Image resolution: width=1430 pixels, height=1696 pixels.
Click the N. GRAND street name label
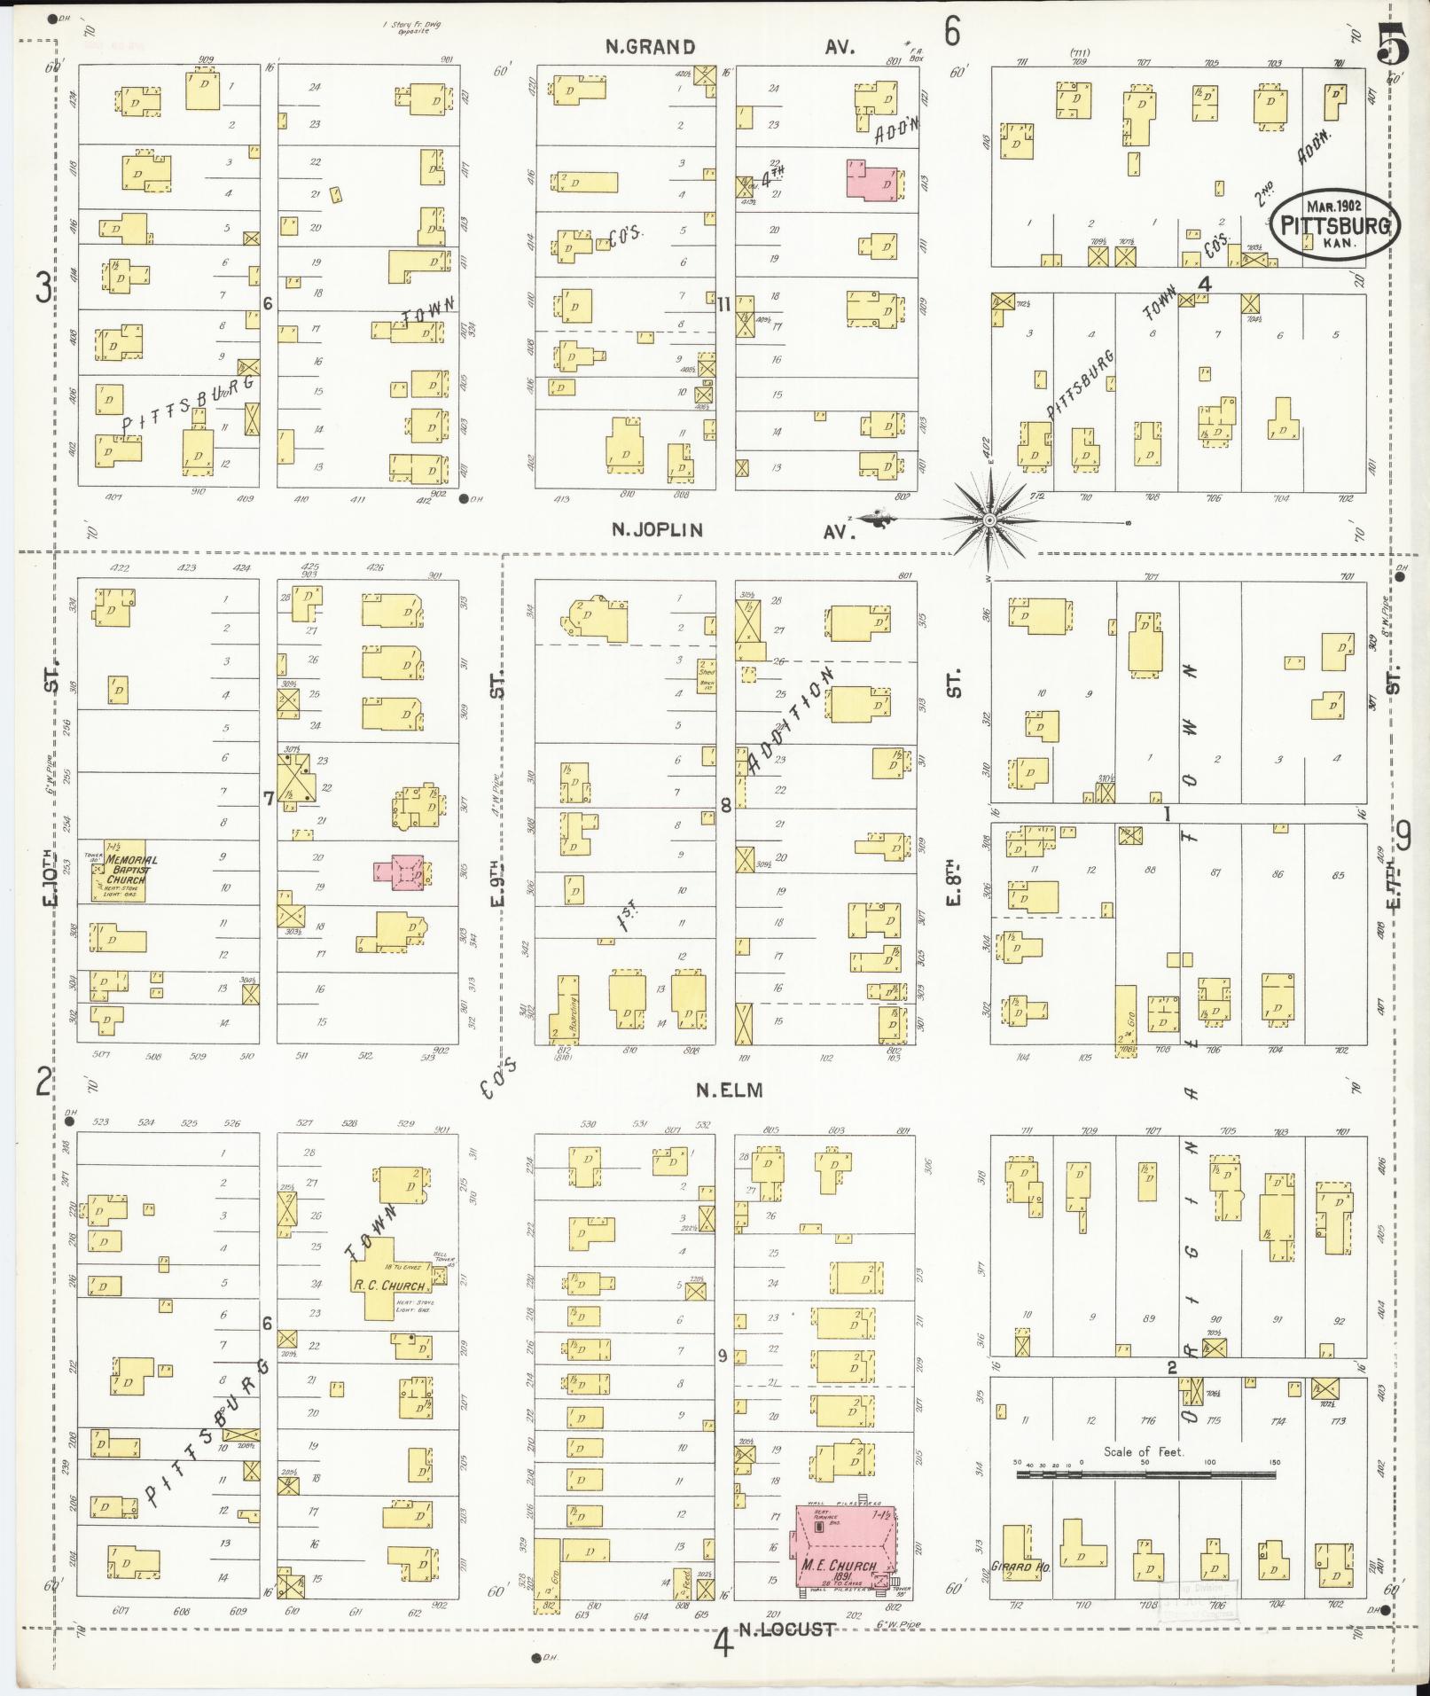point(650,48)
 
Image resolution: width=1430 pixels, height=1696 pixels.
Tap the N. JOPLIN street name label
point(657,530)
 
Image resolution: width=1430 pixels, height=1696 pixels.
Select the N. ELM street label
point(729,1090)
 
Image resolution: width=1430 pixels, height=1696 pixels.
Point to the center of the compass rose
point(989,520)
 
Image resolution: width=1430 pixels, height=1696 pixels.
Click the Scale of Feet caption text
point(1144,1451)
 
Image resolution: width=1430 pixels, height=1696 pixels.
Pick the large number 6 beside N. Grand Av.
point(951,32)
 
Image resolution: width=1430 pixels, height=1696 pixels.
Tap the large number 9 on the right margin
point(1403,836)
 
